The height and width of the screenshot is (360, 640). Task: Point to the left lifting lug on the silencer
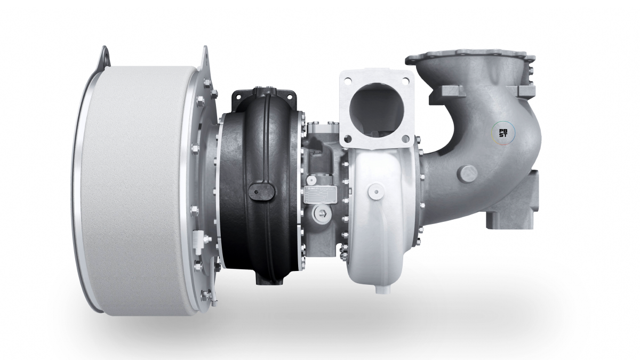coord(103,55)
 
